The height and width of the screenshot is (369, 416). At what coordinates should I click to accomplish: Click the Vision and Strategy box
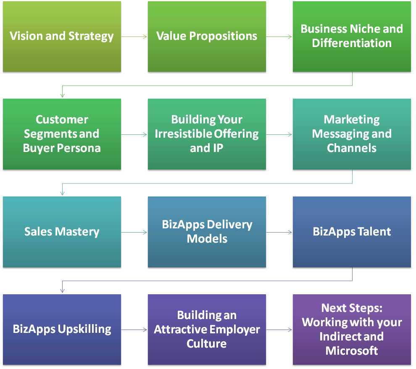pyautogui.click(x=62, y=37)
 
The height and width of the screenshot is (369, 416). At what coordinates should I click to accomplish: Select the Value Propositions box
pyautogui.click(x=207, y=37)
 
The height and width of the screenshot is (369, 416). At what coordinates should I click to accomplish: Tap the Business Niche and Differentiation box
pyautogui.click(x=352, y=37)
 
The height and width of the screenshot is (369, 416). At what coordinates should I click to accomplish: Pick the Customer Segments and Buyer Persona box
pyautogui.click(x=62, y=134)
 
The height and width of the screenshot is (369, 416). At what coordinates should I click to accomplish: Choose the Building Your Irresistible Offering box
pyautogui.click(x=207, y=134)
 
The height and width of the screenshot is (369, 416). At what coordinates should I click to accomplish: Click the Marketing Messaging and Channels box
pyautogui.click(x=352, y=134)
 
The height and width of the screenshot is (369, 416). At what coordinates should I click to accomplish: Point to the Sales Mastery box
pyautogui.click(x=62, y=232)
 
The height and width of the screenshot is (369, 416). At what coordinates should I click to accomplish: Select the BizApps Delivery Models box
pyautogui.click(x=207, y=232)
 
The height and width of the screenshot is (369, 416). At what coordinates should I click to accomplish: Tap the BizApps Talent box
pyautogui.click(x=352, y=232)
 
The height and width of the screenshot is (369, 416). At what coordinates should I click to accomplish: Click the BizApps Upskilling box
pyautogui.click(x=62, y=329)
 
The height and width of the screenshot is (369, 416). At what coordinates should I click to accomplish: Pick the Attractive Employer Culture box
pyautogui.click(x=207, y=329)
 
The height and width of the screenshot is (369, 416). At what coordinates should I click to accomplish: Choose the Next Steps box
pyautogui.click(x=352, y=329)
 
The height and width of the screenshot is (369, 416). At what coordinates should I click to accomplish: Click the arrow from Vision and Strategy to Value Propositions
pyautogui.click(x=134, y=37)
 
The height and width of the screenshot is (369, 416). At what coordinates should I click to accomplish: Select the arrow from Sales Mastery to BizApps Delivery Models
pyautogui.click(x=134, y=232)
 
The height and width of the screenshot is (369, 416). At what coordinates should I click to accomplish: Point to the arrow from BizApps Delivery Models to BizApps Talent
pyautogui.click(x=279, y=232)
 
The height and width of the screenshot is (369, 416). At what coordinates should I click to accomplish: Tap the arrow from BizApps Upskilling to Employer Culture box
pyautogui.click(x=134, y=330)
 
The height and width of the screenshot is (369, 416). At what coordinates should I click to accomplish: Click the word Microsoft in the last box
pyautogui.click(x=352, y=351)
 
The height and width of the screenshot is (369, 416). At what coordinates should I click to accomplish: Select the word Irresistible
pyautogui.click(x=184, y=134)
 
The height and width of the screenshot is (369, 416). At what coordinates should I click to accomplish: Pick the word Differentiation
pyautogui.click(x=352, y=43)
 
